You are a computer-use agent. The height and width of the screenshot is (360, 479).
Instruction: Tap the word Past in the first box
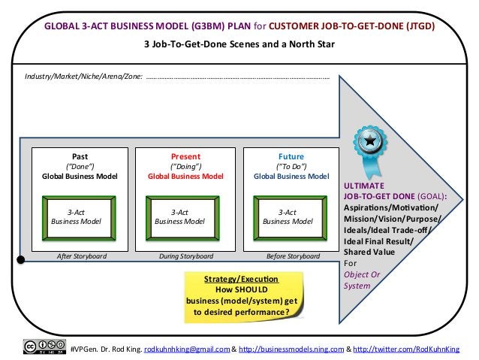coord(79,156)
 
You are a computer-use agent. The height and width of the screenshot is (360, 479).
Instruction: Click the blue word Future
coord(291,156)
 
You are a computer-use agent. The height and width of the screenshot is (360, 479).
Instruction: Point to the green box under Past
coord(79,216)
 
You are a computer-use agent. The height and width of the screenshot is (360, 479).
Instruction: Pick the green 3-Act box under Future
coord(288,216)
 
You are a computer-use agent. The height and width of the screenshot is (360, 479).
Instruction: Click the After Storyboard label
coord(82,256)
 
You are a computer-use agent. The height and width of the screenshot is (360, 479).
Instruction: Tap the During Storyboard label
coord(185,256)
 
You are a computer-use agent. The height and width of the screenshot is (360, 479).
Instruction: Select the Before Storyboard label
coord(293,256)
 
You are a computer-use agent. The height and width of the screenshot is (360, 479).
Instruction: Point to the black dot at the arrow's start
coord(21,260)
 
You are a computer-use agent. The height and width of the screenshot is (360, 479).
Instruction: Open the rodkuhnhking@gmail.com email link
coord(185,348)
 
